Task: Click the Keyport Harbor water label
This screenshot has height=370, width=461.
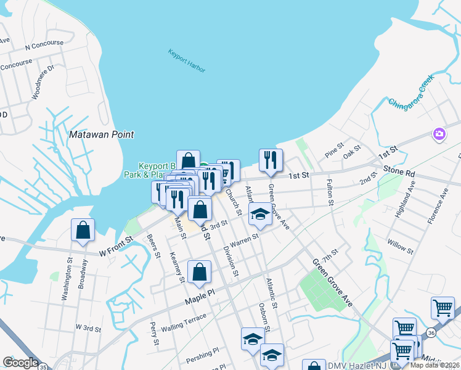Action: [187, 61]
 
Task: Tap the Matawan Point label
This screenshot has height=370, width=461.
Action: [102, 134]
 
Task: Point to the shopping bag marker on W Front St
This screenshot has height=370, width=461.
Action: [83, 231]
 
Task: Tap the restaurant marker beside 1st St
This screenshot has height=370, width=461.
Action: [271, 160]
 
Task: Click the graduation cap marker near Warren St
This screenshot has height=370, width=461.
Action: [260, 215]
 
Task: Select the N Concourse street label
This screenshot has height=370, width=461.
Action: [44, 44]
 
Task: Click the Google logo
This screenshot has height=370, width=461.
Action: [20, 363]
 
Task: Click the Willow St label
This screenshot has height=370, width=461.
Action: [401, 247]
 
